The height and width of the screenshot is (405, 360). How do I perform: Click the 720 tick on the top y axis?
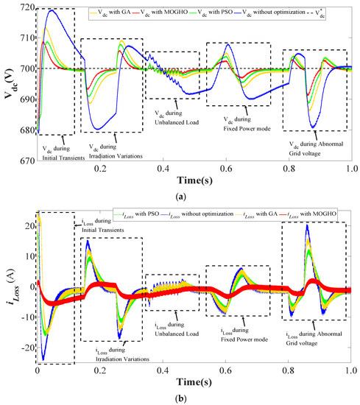tap(25, 7)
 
